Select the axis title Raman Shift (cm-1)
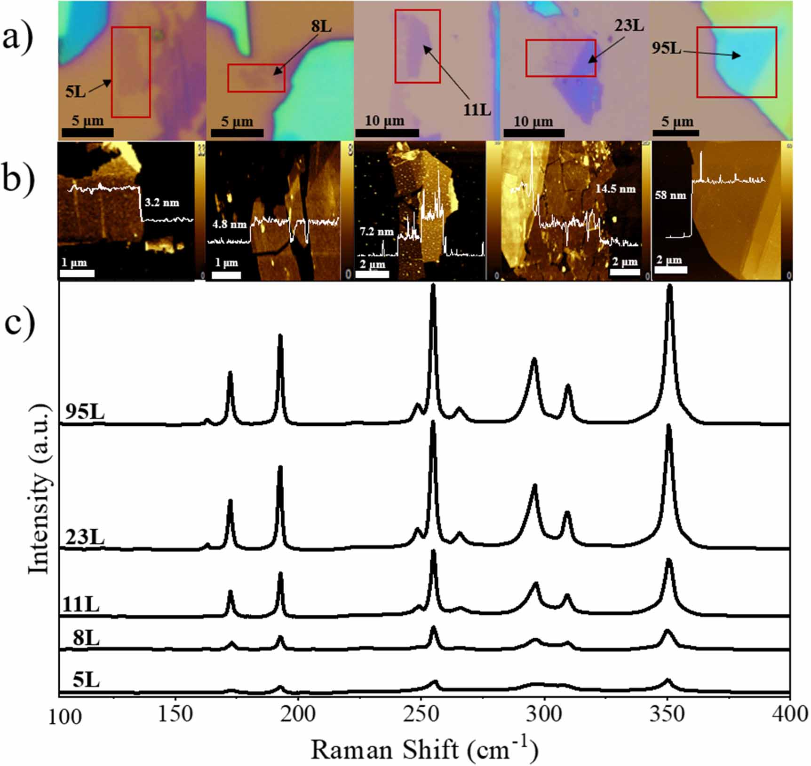coord(424,749)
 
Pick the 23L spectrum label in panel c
coord(85,537)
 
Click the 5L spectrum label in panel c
coord(86,680)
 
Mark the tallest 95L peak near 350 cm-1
coord(670,286)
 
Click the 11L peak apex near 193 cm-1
coord(281,573)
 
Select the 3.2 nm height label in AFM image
coord(162,203)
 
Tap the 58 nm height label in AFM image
coord(670,195)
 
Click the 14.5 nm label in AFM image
coord(615,189)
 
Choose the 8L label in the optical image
coord(321,27)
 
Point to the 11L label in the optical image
coord(477,110)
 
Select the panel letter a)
coord(18,38)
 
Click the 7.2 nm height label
coord(376,232)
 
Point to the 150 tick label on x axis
coord(175,714)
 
